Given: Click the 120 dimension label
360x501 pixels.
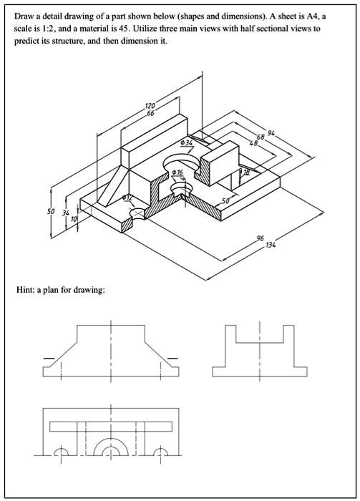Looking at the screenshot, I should (150, 106).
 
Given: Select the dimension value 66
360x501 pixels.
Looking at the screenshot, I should (150, 113).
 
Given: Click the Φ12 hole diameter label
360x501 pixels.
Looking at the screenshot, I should (127, 197).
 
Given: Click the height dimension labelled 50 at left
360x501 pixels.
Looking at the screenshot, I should (51, 212).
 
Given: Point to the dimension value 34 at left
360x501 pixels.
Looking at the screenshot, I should (66, 213).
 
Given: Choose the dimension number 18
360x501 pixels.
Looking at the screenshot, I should (246, 172).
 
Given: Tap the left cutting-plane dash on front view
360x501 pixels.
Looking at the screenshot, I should (49, 356).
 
